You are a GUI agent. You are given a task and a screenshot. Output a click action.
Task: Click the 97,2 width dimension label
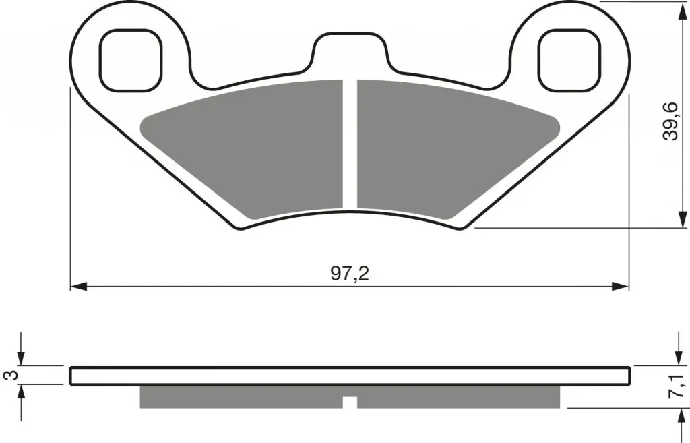350,274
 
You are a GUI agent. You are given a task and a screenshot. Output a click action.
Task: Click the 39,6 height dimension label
670,121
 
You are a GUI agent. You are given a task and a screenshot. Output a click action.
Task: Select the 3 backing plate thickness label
11,375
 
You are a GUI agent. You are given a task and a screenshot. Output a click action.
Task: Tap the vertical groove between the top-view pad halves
350,144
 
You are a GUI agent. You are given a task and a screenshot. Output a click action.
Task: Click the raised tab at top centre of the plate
350,51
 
